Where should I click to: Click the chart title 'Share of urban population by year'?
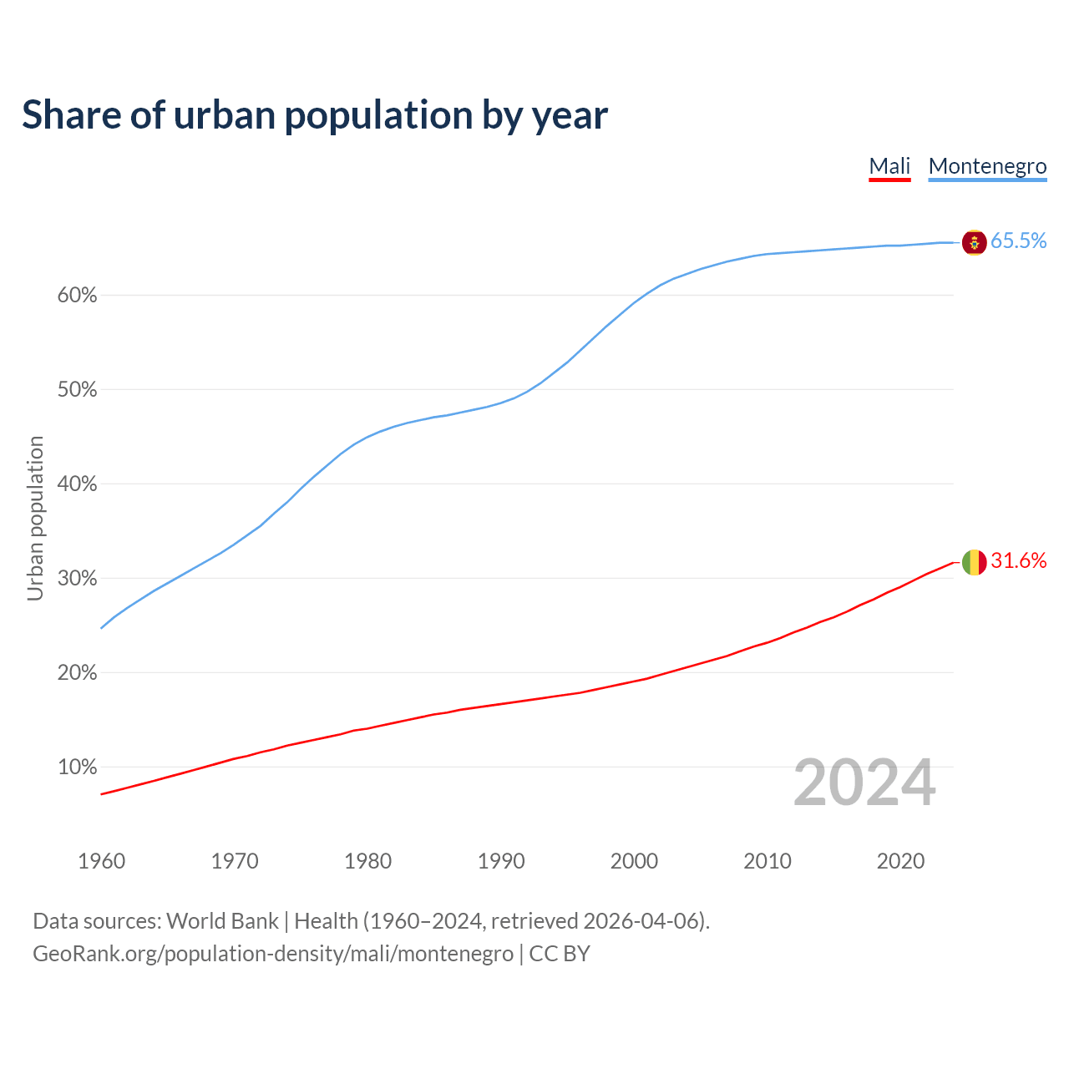click(315, 115)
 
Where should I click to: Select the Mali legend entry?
click(889, 166)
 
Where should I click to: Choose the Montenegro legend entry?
click(987, 166)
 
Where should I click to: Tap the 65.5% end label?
click(1018, 241)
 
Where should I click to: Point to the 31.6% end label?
click(1018, 561)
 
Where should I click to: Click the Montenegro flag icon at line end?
click(974, 242)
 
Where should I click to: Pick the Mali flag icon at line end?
click(974, 562)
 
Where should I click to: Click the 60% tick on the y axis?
click(77, 296)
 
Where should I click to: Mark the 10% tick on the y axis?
click(77, 767)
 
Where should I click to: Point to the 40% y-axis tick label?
click(77, 484)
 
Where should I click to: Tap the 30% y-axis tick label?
click(77, 579)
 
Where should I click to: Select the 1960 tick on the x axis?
click(101, 861)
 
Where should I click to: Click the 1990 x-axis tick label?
click(501, 861)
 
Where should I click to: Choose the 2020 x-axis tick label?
click(900, 861)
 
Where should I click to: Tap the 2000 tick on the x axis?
click(634, 861)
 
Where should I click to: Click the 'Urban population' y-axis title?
click(35, 519)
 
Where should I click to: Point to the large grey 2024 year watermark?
click(864, 783)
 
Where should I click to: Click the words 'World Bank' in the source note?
click(222, 921)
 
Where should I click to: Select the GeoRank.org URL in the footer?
click(272, 954)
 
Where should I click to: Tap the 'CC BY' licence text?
click(560, 954)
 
